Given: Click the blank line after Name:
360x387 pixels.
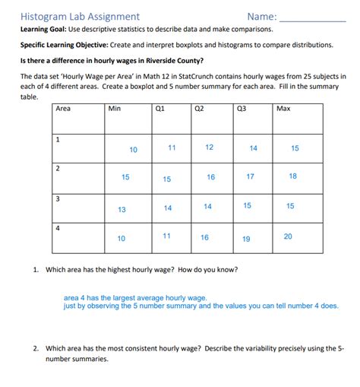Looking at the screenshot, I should pos(312,17).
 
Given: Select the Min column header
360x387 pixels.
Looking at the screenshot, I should pos(115,109).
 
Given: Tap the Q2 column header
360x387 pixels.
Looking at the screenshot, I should pos(199,109).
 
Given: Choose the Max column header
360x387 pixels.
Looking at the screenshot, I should pos(283,109).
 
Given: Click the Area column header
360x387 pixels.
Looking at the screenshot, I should pos(63,109).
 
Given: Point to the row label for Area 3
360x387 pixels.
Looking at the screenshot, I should pos(58,198).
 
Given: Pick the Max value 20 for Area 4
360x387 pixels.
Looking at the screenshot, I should pos(287,236).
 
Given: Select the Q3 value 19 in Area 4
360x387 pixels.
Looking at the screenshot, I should pos(246,239).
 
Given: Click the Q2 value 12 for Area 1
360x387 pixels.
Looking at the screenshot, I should pos(209,147).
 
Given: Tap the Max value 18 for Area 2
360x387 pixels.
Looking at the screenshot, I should pos(293,176).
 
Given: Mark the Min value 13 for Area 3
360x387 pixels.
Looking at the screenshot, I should pos(122,209).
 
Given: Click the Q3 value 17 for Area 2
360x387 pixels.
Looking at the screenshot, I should pos(250,176).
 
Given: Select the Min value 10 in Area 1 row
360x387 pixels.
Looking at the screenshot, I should pos(133,150).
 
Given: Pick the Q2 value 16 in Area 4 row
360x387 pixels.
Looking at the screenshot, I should pos(204,237).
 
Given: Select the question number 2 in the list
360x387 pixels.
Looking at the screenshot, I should pos(35,348).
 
